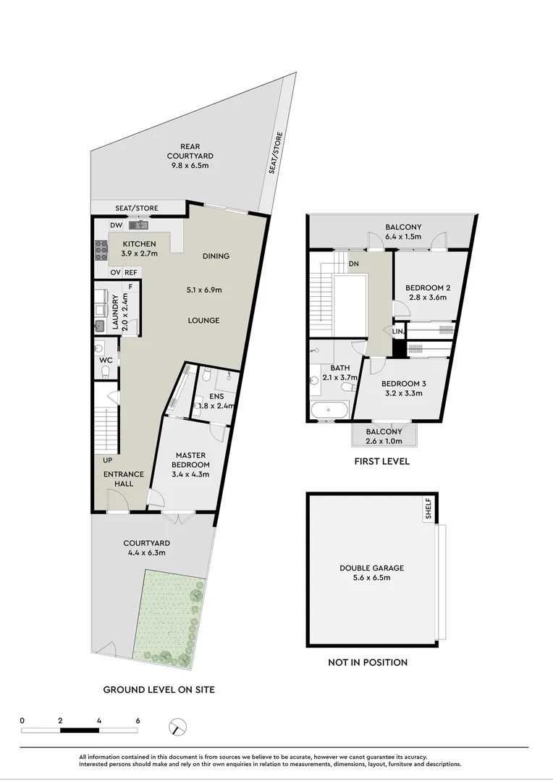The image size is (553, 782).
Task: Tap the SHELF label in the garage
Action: click(429, 510)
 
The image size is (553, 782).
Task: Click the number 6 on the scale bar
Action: click(138, 720)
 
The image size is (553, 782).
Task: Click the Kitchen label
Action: click(138, 244)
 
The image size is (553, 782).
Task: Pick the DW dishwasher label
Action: click(116, 225)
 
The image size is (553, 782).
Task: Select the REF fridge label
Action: click(131, 272)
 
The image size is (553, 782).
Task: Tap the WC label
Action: click(105, 360)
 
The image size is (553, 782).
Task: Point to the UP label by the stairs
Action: click(106, 460)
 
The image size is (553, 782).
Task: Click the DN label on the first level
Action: click(354, 264)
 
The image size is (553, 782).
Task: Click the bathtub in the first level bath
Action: click(329, 411)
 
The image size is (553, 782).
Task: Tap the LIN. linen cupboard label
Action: click(398, 331)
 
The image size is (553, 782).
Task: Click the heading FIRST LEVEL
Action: click(382, 461)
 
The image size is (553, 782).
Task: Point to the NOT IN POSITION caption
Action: click(367, 662)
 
